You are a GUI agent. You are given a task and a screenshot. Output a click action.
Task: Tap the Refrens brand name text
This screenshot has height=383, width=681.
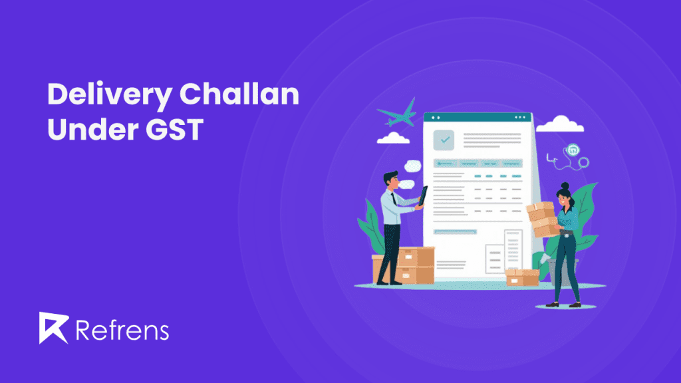(122, 329)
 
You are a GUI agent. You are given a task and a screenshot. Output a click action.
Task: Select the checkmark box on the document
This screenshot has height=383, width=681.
(444, 140)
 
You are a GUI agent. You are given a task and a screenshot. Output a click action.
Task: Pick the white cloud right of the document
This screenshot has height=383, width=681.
(559, 124)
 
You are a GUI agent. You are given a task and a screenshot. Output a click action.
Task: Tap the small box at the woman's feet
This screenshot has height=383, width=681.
(521, 277)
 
